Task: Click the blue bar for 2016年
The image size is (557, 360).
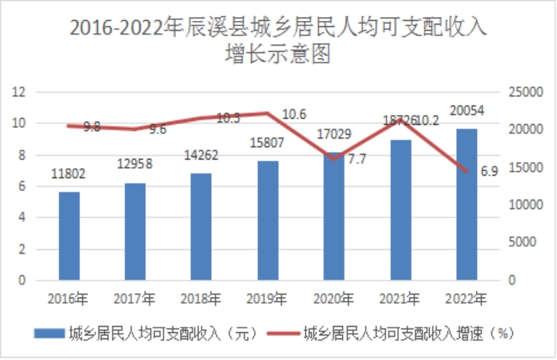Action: [69, 235]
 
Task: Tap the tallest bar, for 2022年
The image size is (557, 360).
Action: [467, 204]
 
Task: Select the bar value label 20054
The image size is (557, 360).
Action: [467, 112]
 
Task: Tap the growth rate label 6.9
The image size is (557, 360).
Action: [489, 172]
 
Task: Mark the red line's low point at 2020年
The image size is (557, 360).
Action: [334, 159]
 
